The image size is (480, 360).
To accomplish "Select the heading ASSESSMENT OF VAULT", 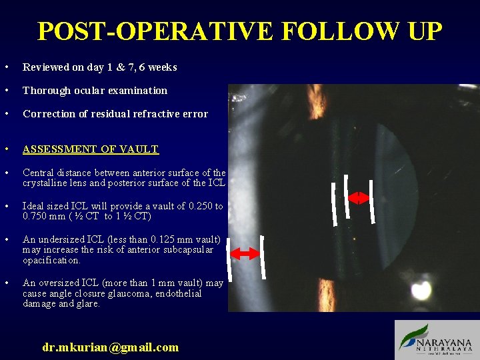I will [x=91, y=149].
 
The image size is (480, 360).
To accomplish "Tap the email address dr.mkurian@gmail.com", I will [x=111, y=347].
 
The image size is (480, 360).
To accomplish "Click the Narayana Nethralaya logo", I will [x=436, y=340].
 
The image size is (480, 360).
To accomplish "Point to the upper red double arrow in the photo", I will [x=359, y=198].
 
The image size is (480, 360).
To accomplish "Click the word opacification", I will [x=51, y=260].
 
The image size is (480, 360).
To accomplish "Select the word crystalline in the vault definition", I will [x=47, y=183].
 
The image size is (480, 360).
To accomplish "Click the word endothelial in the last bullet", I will [x=181, y=293].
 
